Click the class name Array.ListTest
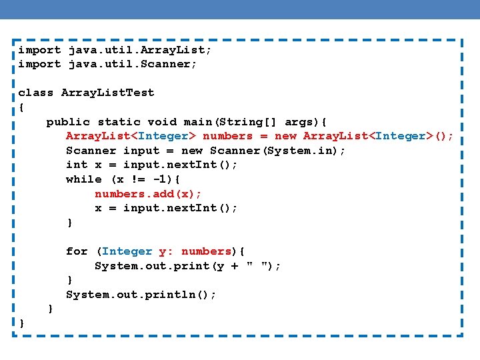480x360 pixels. pos(107,93)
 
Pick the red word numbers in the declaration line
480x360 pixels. pos(227,136)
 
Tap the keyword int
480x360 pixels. pos(77,165)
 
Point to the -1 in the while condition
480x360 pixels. pos(160,179)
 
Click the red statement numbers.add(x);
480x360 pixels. pos(148,194)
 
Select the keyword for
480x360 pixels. pos(77,251)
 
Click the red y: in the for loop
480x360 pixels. pos(166,251)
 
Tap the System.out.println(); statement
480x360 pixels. pos(141,295)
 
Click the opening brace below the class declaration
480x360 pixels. pos(22,107)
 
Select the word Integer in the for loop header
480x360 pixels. pos(127,251)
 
